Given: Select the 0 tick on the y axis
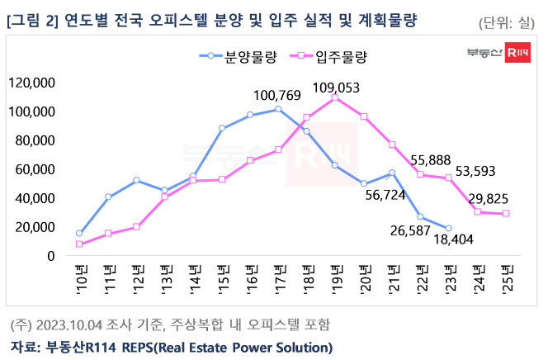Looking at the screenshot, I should pyautogui.click(x=50, y=256).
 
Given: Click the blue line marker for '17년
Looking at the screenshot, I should pyautogui.click(x=278, y=109).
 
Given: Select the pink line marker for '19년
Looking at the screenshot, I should pyautogui.click(x=335, y=97).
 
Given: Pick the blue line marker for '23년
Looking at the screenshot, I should pyautogui.click(x=449, y=229).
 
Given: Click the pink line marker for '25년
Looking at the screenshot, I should pyautogui.click(x=506, y=213).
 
